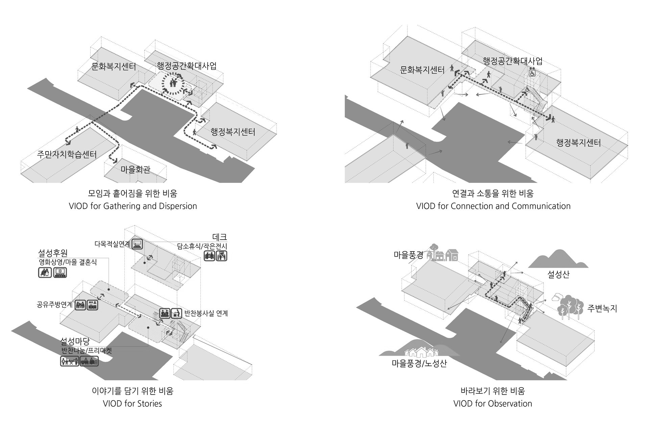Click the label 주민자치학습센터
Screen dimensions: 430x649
(67, 154)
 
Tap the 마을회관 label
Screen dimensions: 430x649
(135, 169)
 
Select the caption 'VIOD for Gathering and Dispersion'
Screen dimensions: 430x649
(133, 206)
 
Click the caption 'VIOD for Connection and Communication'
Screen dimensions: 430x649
(493, 206)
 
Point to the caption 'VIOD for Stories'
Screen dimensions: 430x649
(133, 403)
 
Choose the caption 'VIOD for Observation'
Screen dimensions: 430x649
(492, 403)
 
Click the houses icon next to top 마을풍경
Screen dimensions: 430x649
(442, 254)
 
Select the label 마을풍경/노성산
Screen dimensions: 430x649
(419, 363)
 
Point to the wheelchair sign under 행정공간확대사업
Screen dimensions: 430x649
(532, 72)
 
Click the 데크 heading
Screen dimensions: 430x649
(219, 237)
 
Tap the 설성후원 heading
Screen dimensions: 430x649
(53, 253)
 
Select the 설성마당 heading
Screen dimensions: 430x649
(75, 341)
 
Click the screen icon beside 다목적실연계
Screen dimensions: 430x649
(137, 244)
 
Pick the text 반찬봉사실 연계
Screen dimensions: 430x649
(206, 313)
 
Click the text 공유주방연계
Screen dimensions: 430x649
(54, 305)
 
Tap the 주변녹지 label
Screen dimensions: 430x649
(602, 308)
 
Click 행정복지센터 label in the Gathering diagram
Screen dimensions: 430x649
(233, 132)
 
